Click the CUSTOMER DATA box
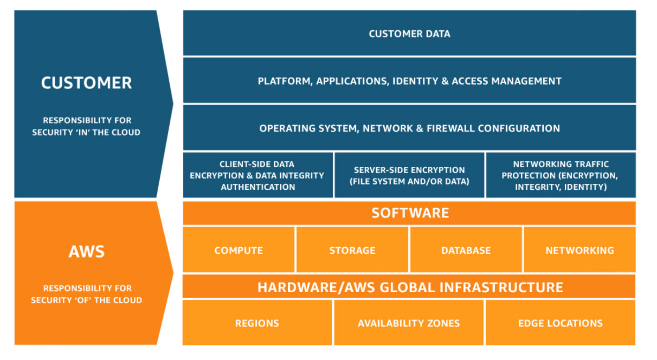[x=409, y=34]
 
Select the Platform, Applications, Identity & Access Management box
[x=409, y=81]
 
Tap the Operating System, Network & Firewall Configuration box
[x=409, y=128]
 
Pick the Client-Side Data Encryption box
[x=257, y=175]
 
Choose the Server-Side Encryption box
[x=409, y=175]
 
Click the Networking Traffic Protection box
[x=560, y=175]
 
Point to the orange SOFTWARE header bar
[x=409, y=213]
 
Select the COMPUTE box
[x=239, y=250]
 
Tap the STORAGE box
[x=352, y=250]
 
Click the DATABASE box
[x=466, y=250]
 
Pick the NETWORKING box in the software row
[x=579, y=250]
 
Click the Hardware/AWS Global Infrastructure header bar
[x=409, y=287]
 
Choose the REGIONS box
[x=257, y=323]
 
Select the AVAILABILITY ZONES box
[x=409, y=323]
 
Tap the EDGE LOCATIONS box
[x=560, y=323]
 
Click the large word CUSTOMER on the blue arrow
[x=86, y=83]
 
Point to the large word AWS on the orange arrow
[x=86, y=252]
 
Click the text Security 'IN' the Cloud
[x=86, y=132]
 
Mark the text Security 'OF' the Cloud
[x=86, y=300]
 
